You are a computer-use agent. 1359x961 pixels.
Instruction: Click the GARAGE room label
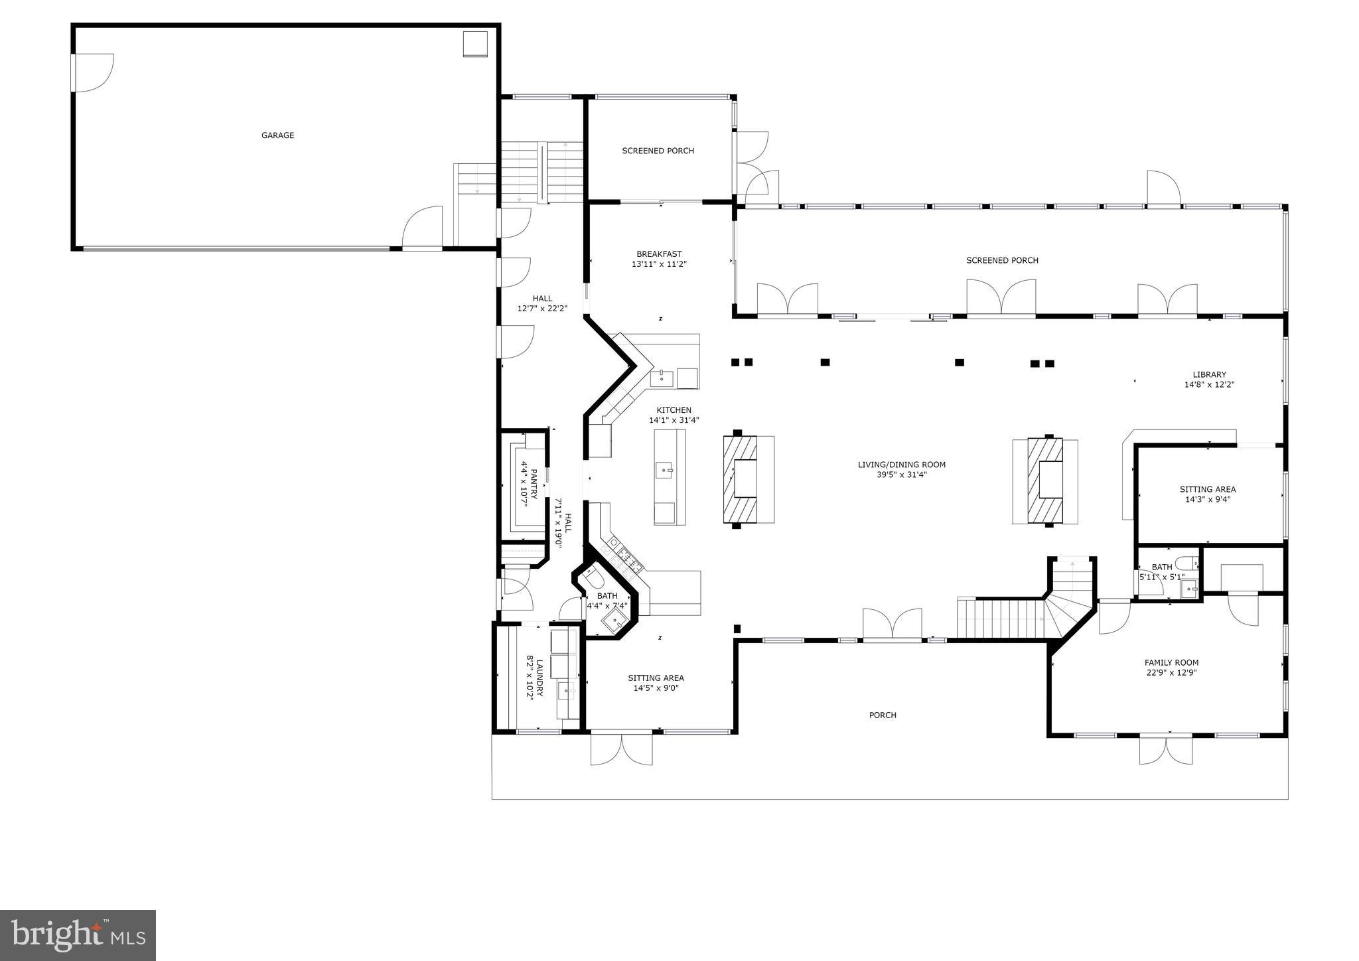click(x=277, y=135)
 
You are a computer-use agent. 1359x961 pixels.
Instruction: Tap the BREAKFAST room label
click(x=659, y=254)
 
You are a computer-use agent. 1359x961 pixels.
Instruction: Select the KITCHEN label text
click(x=674, y=410)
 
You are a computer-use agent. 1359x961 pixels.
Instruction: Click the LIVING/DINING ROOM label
click(x=901, y=465)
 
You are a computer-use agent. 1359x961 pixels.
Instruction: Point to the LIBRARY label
click(x=1209, y=374)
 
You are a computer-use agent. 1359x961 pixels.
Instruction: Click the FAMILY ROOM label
click(x=1171, y=662)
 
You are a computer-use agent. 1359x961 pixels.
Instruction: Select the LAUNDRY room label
click(x=539, y=677)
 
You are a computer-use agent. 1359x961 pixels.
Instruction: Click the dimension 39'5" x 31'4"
click(x=901, y=475)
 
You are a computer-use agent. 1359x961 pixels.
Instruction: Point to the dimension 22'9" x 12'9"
click(x=1171, y=672)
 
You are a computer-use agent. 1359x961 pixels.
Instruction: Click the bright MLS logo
click(x=78, y=935)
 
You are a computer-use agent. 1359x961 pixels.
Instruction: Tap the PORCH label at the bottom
click(x=883, y=715)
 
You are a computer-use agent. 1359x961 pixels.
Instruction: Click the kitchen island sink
click(x=666, y=470)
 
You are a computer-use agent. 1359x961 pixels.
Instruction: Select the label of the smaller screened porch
click(x=658, y=151)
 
